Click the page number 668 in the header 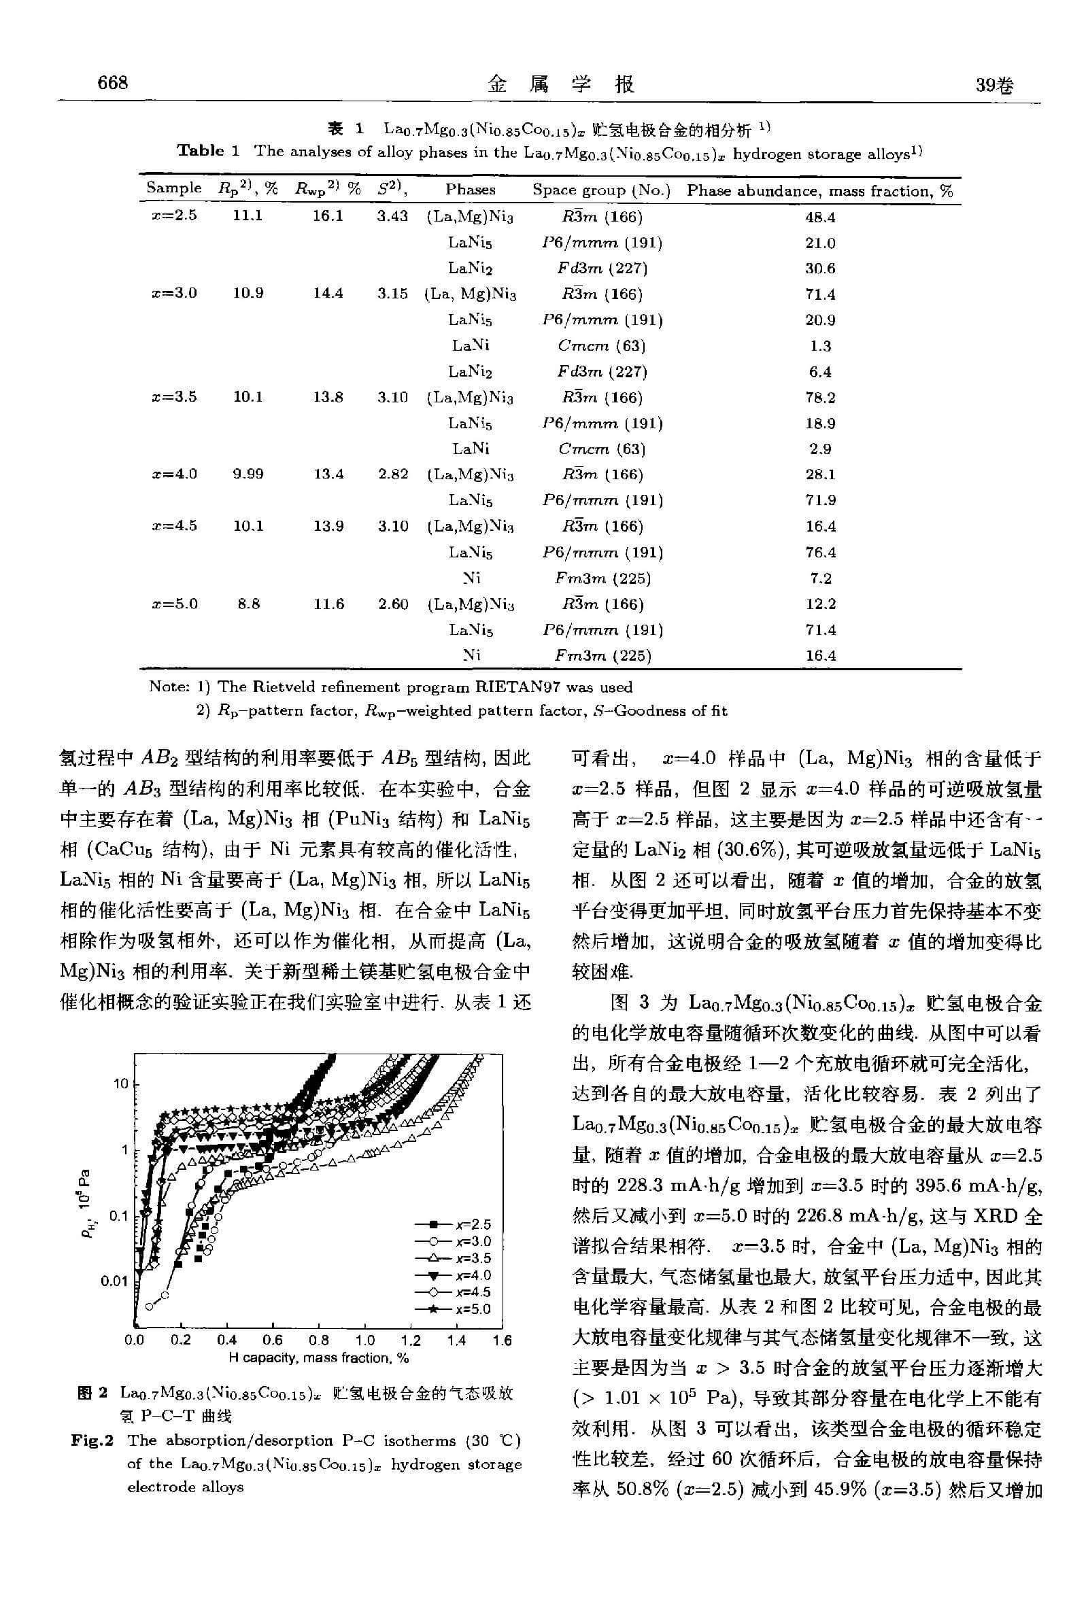tap(112, 83)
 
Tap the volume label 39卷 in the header tap(993, 85)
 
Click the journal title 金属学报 tap(561, 84)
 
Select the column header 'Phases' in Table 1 tap(470, 189)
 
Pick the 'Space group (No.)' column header tap(601, 190)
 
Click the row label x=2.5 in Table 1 tap(174, 215)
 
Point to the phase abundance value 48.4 tap(819, 217)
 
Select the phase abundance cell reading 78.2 tap(819, 397)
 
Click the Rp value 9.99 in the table tap(248, 474)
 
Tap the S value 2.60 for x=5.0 tap(393, 604)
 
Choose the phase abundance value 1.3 tap(819, 346)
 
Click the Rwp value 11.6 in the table tap(328, 604)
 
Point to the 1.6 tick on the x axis tap(502, 1340)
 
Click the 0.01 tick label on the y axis tap(115, 1281)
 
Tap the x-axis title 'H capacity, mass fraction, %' tap(318, 1358)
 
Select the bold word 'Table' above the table tap(201, 151)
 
